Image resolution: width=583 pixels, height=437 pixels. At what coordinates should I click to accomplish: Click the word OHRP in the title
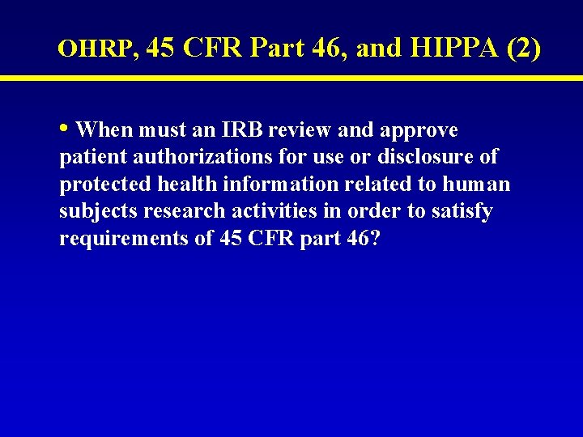(x=93, y=49)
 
